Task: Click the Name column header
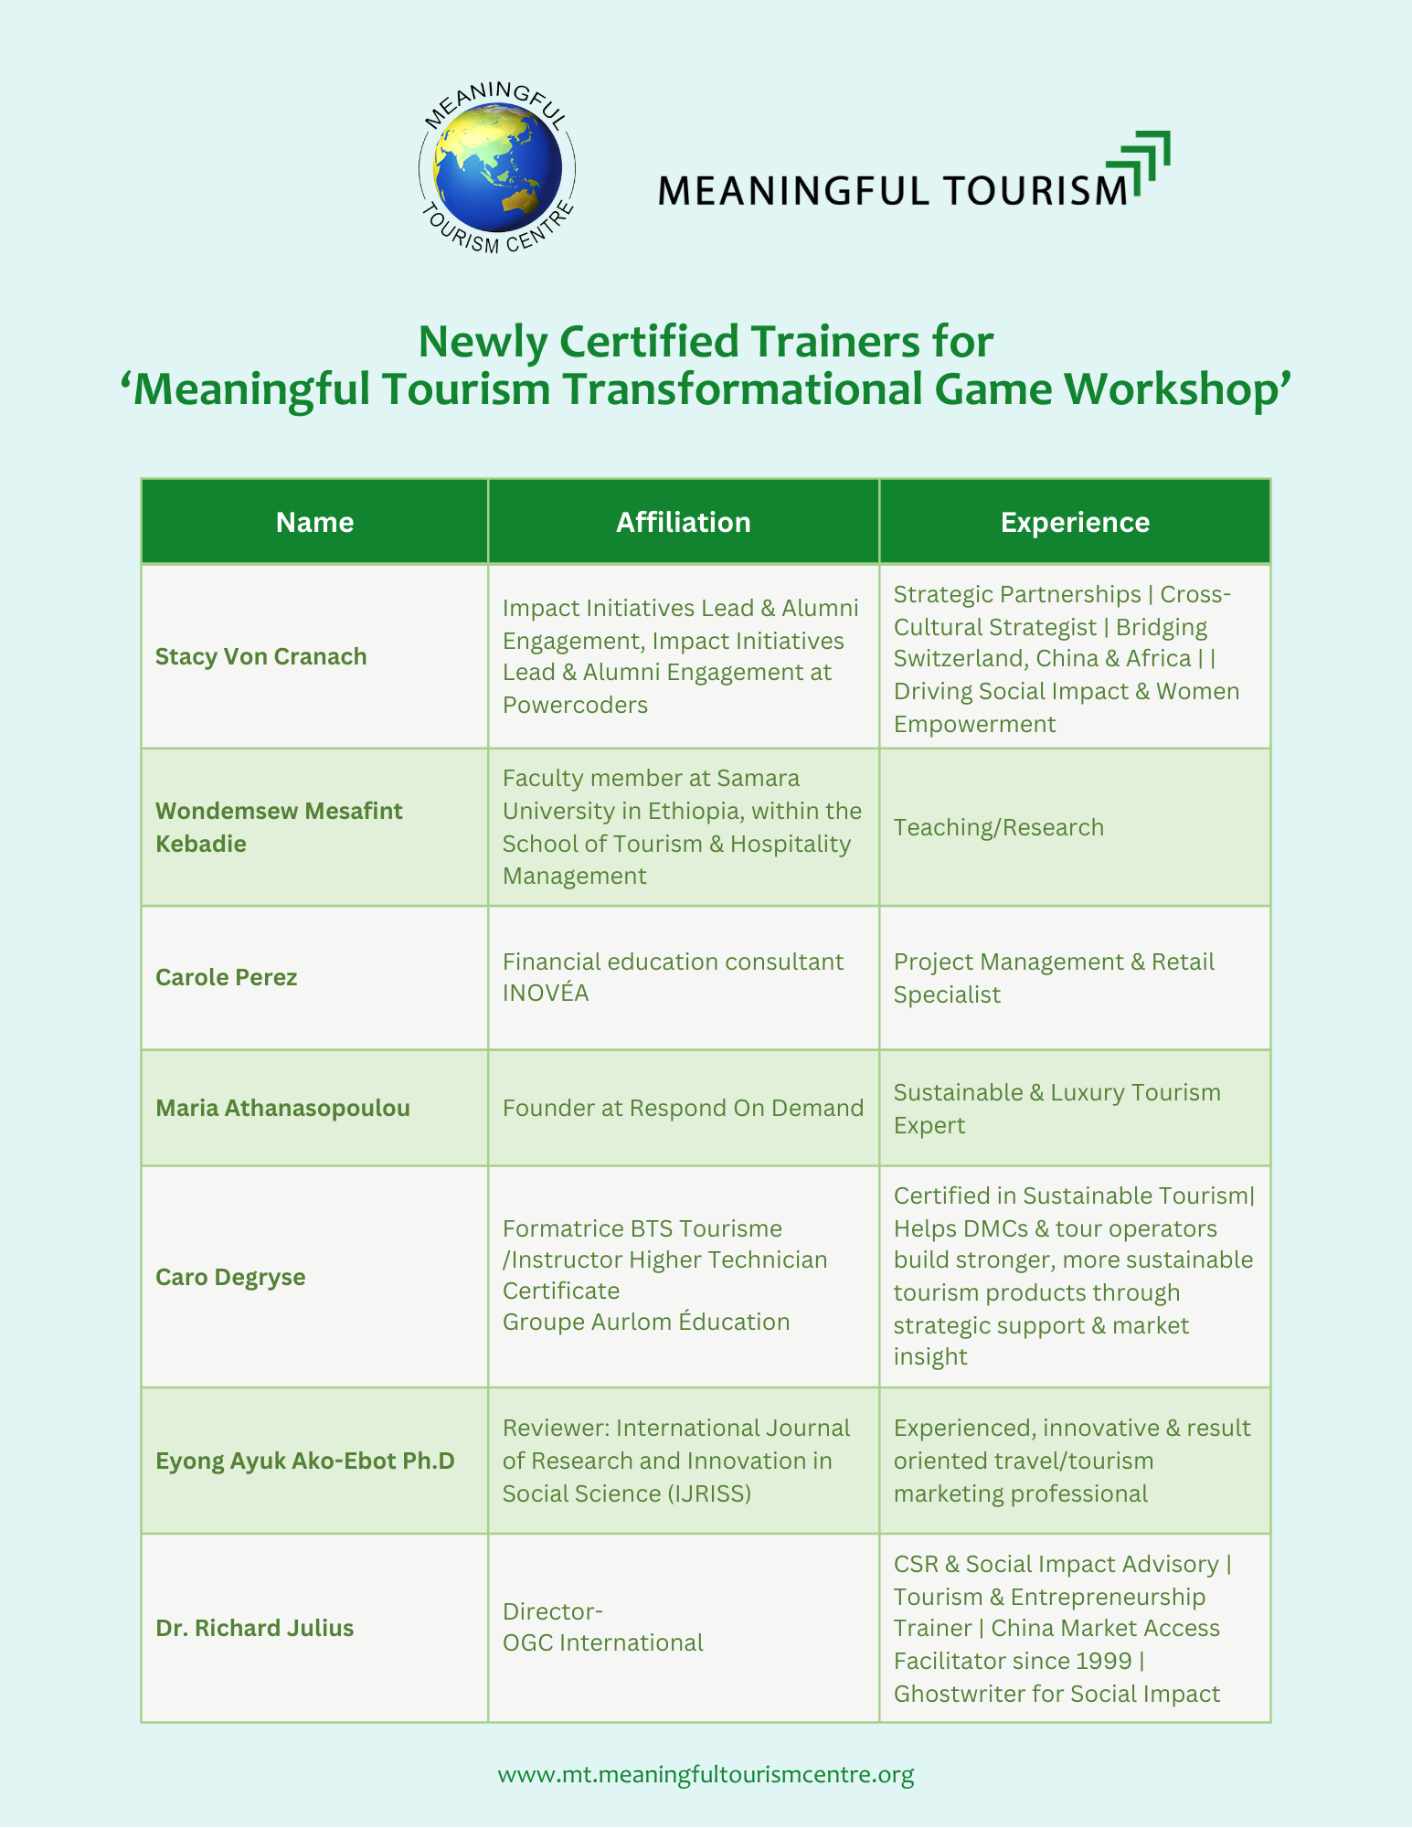tap(314, 522)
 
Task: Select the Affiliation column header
tap(683, 522)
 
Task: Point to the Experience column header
tap(1075, 522)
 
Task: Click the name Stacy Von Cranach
tap(261, 656)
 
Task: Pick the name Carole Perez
tap(227, 977)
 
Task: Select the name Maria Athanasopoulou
tap(282, 1108)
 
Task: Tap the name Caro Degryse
tap(230, 1277)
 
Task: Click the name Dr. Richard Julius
tap(254, 1628)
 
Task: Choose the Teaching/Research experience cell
tap(999, 827)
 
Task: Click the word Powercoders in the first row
tap(575, 705)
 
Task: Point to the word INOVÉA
tap(546, 993)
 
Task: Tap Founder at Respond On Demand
tap(683, 1108)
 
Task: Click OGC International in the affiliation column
tap(602, 1642)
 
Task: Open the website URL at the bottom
tap(706, 1774)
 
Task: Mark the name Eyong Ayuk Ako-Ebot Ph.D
tap(305, 1461)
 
